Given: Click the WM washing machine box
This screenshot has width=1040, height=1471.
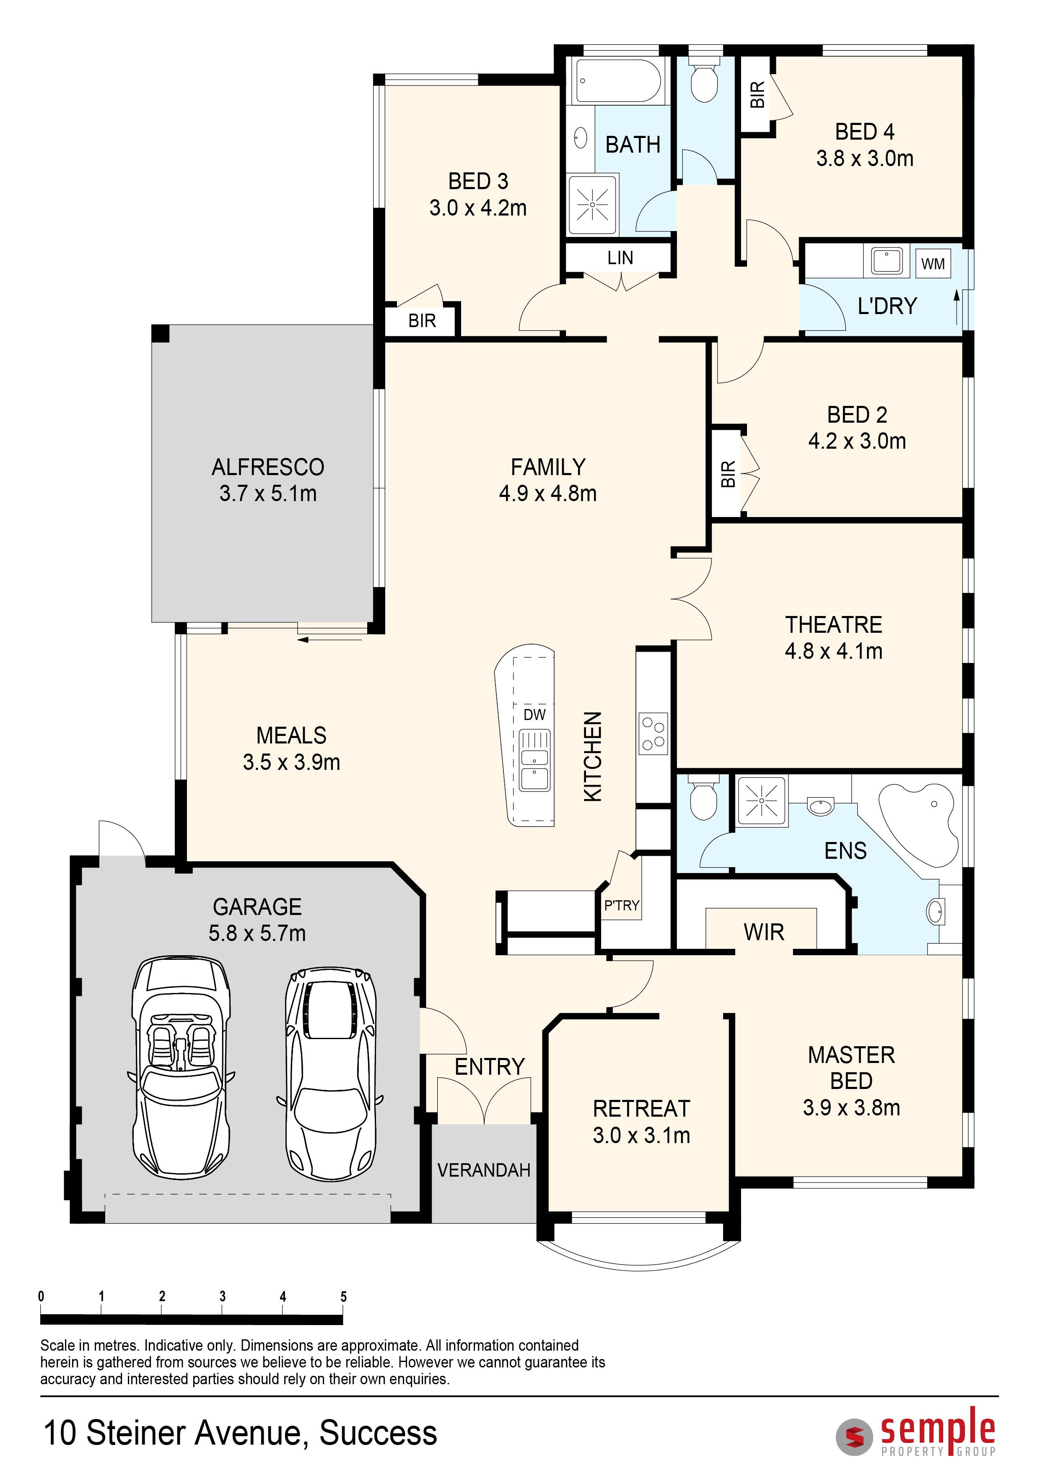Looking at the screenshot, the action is [x=933, y=263].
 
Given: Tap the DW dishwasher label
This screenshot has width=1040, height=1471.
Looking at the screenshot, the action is [x=534, y=715].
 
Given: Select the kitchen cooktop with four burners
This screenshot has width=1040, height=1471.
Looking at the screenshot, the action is [x=653, y=733].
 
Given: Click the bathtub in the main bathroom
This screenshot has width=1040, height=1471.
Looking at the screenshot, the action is [x=618, y=81].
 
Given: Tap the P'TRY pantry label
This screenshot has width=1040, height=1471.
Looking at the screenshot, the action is [x=622, y=905].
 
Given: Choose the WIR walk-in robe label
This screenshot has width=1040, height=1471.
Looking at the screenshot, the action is [x=764, y=932].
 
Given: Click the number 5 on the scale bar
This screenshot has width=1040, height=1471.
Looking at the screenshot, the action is [x=343, y=1297].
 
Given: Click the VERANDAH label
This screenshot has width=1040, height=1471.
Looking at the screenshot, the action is [x=484, y=1170].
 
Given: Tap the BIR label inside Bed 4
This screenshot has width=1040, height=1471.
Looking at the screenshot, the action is [x=757, y=95].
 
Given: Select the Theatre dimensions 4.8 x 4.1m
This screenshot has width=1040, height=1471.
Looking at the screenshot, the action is [x=834, y=651].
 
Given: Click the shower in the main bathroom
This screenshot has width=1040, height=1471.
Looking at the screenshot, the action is [x=592, y=204].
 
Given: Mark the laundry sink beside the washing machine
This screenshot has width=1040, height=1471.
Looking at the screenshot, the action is [x=886, y=261].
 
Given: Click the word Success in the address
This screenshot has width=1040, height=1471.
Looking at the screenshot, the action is [x=378, y=1432].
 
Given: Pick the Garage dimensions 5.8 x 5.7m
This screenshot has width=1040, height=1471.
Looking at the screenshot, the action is [x=257, y=933].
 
